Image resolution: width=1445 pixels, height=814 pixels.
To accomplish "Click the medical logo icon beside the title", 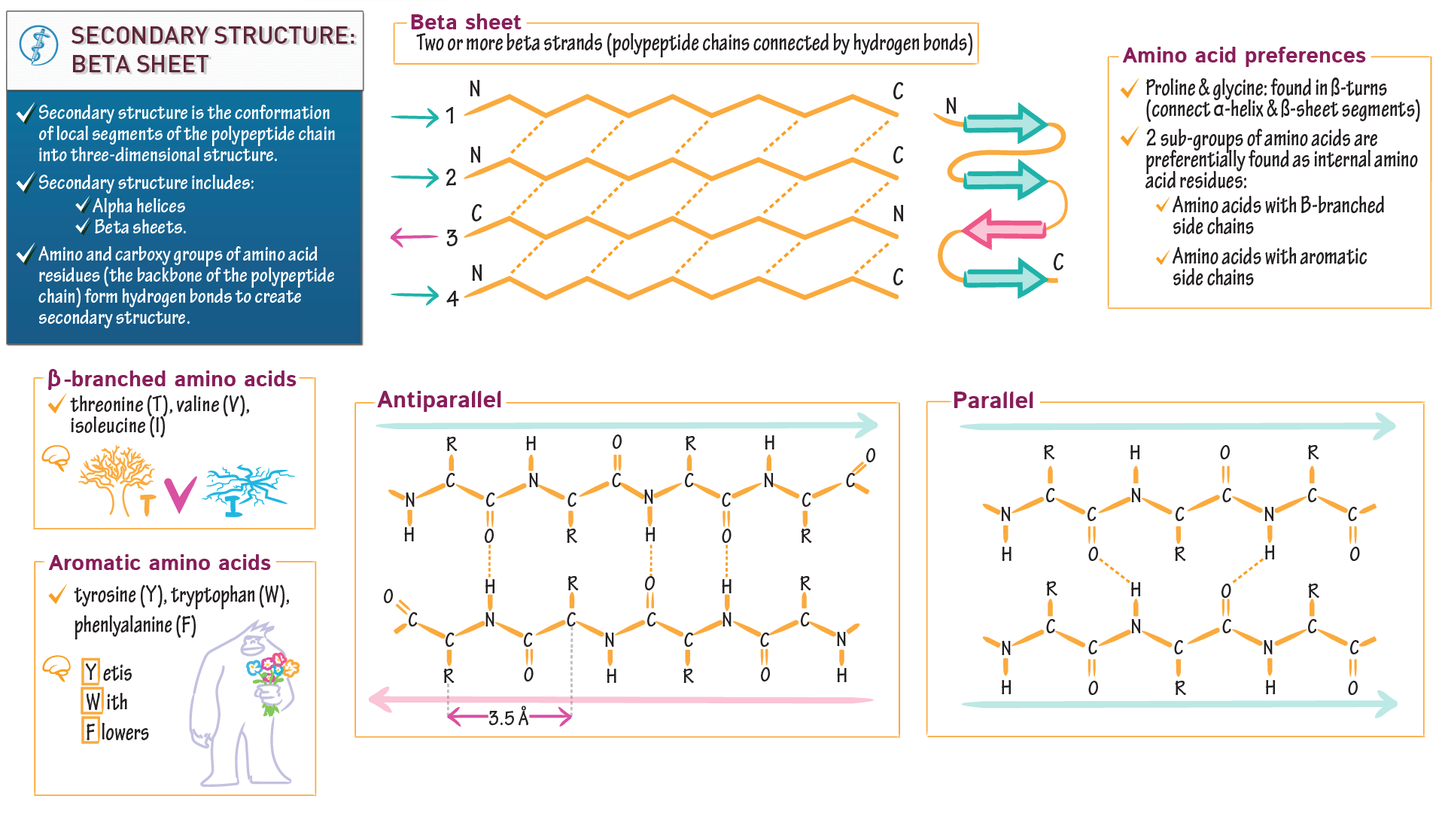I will tap(38, 46).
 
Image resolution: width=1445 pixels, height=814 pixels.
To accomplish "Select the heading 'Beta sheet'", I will tap(465, 23).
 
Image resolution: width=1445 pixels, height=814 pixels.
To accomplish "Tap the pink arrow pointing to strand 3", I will tap(413, 238).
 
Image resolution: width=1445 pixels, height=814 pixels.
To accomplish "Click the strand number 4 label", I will tap(452, 299).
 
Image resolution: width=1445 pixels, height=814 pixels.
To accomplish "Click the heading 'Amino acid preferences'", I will tap(1243, 56).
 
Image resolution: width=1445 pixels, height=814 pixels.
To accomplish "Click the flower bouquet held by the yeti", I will tap(272, 678).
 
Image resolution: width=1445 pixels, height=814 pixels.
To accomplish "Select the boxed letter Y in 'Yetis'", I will tap(90, 671).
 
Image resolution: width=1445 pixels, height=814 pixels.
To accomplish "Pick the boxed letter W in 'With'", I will tap(92, 702).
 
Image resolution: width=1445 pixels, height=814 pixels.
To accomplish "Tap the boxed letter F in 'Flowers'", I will tap(90, 731).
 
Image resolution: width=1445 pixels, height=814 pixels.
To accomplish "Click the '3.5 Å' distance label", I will tap(509, 718).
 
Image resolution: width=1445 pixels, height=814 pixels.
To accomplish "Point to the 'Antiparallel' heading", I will tap(439, 400).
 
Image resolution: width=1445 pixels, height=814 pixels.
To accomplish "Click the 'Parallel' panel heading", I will tap(993, 401).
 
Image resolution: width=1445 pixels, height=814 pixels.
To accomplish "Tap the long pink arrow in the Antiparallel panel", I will tap(617, 700).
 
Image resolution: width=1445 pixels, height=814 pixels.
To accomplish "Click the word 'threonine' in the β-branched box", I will tap(106, 405).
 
